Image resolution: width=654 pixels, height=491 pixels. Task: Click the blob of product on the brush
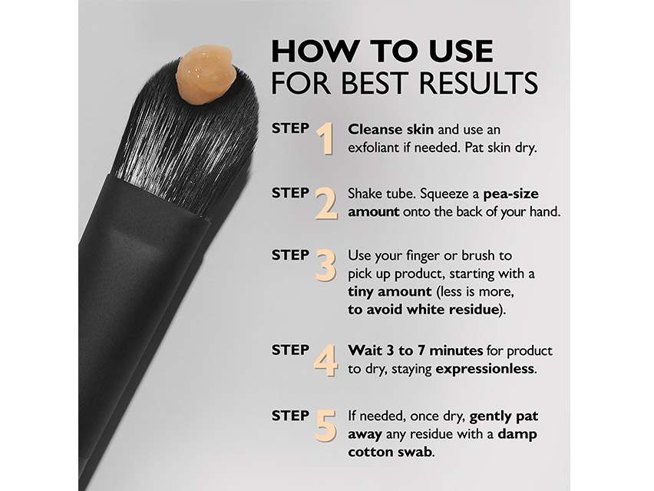[206, 75]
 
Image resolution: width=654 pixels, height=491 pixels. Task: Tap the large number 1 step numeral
[325, 139]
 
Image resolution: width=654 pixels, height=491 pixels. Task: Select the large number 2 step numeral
[325, 204]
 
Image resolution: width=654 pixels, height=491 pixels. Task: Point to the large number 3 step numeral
[325, 266]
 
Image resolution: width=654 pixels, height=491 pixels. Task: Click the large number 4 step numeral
[325, 360]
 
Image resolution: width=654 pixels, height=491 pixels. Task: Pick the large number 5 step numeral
[325, 426]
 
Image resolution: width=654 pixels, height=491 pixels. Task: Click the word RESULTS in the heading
[478, 83]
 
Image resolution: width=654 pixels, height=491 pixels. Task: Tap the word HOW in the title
[315, 51]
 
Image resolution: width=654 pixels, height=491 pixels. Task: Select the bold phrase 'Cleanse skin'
[391, 129]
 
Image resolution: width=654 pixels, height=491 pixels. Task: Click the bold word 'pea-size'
[511, 194]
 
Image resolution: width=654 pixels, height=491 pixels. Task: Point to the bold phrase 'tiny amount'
[390, 291]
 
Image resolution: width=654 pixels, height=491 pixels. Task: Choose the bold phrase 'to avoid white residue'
[424, 310]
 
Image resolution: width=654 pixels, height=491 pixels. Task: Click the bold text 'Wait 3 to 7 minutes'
[415, 350]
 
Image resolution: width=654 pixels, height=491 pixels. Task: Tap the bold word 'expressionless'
[484, 369]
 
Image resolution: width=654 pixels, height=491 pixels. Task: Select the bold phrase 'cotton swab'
[390, 452]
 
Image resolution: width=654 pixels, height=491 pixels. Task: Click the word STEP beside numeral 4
[291, 350]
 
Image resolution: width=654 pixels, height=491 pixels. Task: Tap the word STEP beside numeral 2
[291, 193]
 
